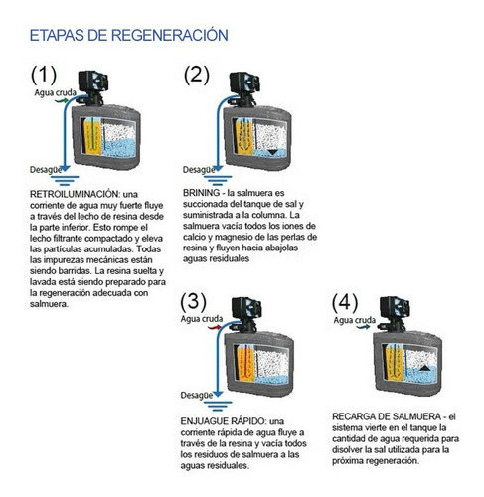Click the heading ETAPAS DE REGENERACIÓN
(x=129, y=35)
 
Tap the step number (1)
(x=44, y=75)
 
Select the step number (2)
(x=197, y=75)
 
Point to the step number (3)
(x=194, y=302)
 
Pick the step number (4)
(x=345, y=303)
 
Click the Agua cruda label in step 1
(x=56, y=93)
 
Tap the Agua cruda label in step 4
(x=355, y=320)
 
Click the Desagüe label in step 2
(x=199, y=170)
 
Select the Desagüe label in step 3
(x=197, y=395)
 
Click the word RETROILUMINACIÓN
(x=74, y=194)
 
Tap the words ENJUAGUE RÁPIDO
(x=223, y=421)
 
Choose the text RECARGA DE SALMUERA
(x=387, y=416)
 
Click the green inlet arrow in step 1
(x=62, y=100)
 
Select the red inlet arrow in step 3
(x=215, y=328)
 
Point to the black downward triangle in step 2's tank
(x=273, y=152)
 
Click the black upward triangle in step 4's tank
(x=425, y=368)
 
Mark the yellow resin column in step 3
(x=245, y=363)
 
